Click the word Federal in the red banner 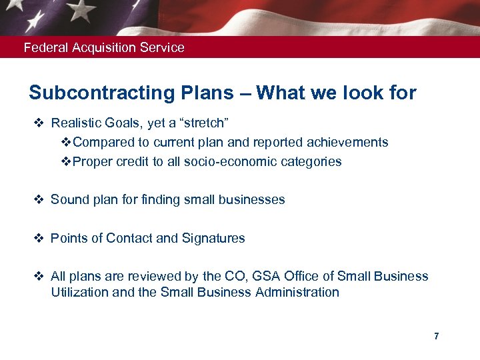point(42,48)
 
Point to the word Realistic point(75,123)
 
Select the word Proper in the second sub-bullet point(93,162)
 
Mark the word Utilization point(77,293)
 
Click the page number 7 point(437,336)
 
